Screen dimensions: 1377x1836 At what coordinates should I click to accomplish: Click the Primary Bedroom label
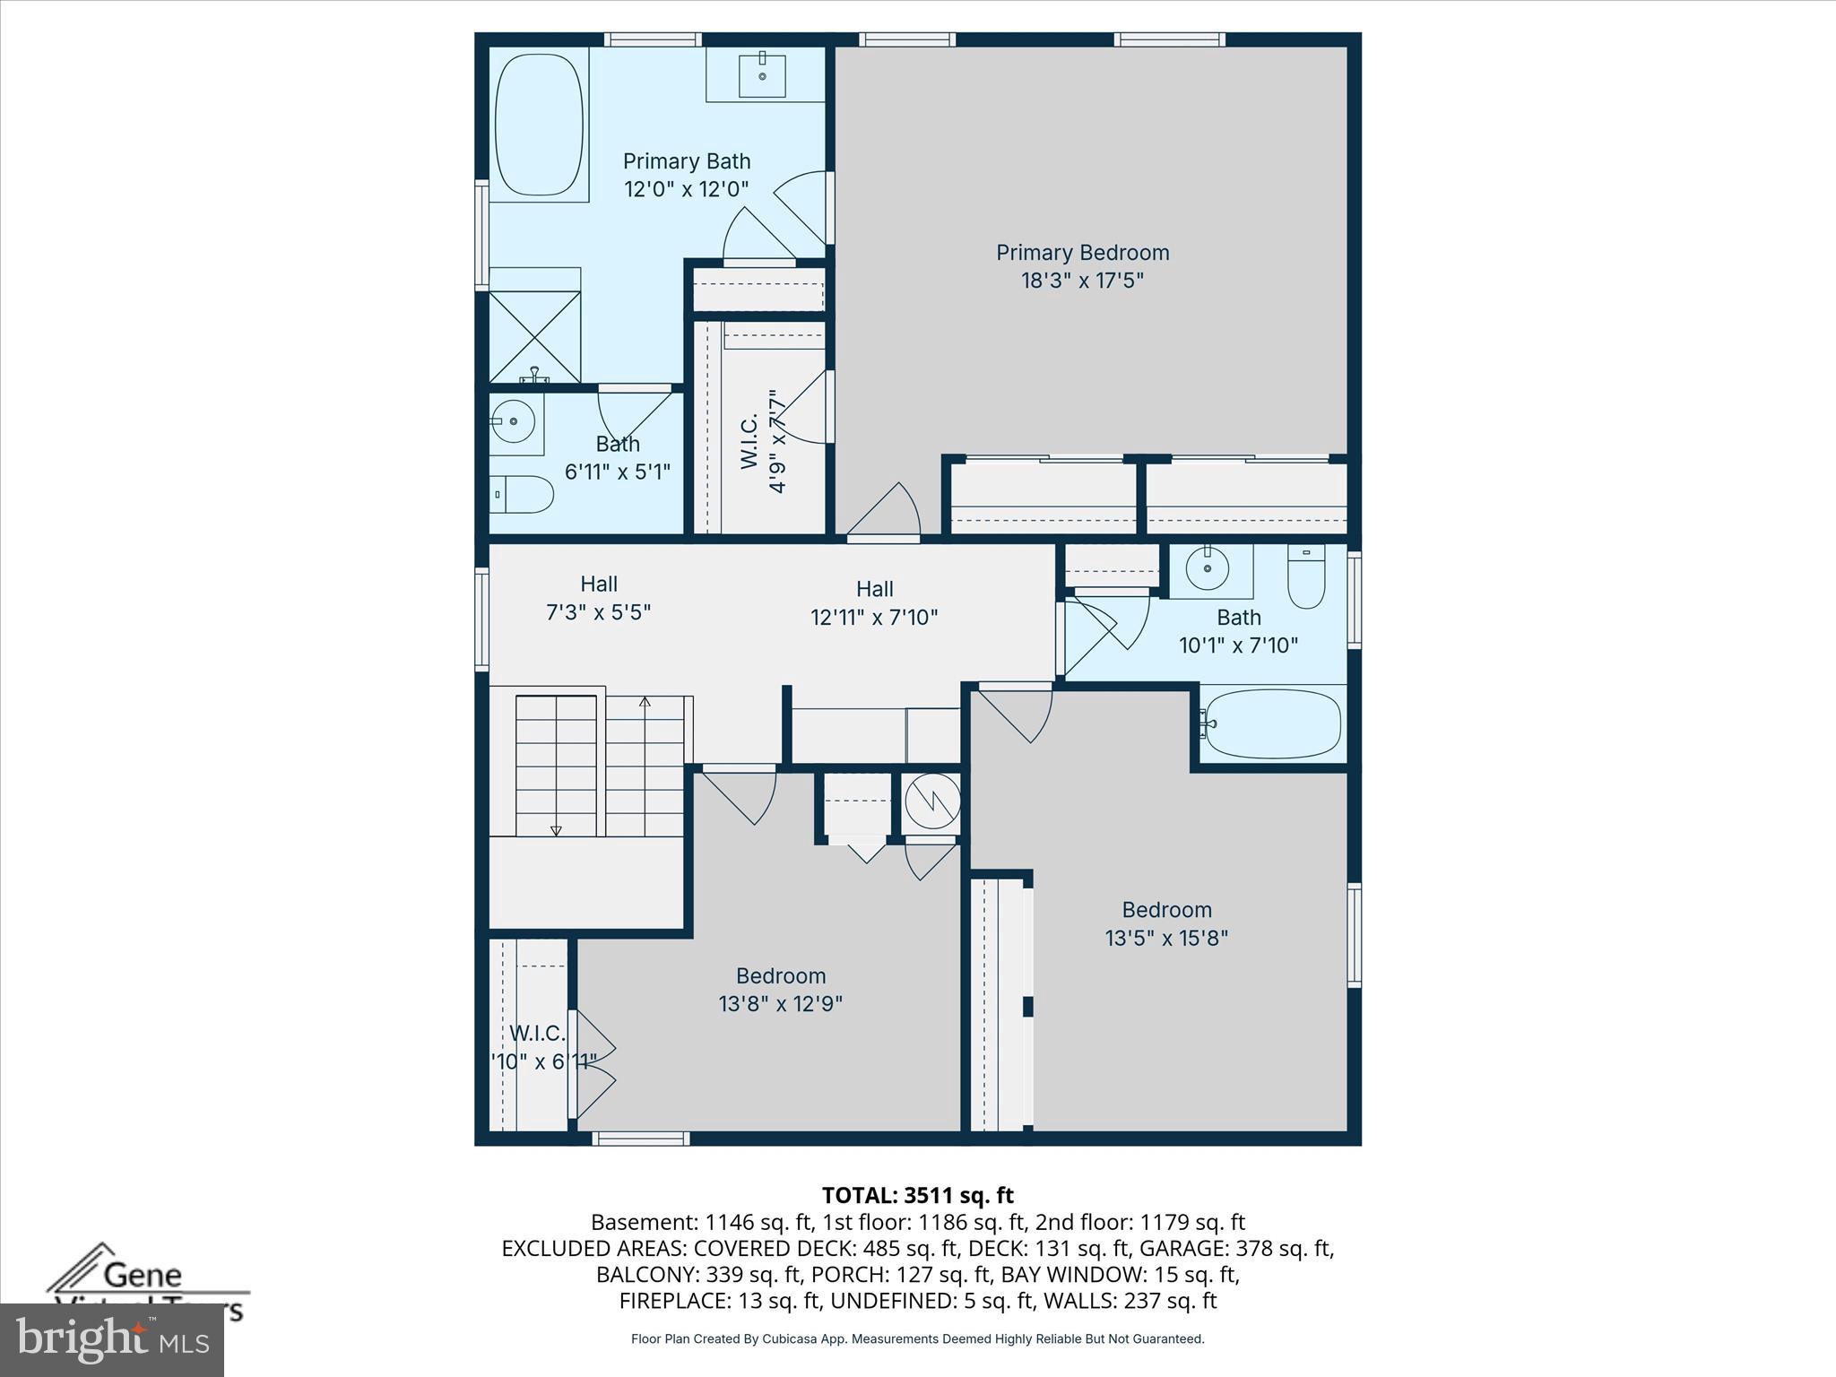pos(1082,253)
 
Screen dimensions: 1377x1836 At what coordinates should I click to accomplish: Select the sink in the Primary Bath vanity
pos(762,74)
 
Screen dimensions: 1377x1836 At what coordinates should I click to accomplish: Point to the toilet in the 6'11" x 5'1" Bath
pos(523,494)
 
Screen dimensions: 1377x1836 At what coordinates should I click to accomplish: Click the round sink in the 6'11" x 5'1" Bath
pos(513,420)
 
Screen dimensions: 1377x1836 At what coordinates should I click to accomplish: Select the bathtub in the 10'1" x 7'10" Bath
pos(1272,723)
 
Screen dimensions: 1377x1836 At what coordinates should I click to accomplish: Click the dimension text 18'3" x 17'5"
pos(1082,281)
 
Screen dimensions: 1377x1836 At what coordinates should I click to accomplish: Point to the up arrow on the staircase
pos(645,702)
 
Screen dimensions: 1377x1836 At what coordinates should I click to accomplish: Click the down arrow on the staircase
pos(556,830)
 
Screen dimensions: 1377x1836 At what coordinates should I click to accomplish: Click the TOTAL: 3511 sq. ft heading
pos(917,1195)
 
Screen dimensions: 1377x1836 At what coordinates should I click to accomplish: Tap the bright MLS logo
pos(112,1339)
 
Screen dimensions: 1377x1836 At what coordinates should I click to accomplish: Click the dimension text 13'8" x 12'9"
pos(780,1003)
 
